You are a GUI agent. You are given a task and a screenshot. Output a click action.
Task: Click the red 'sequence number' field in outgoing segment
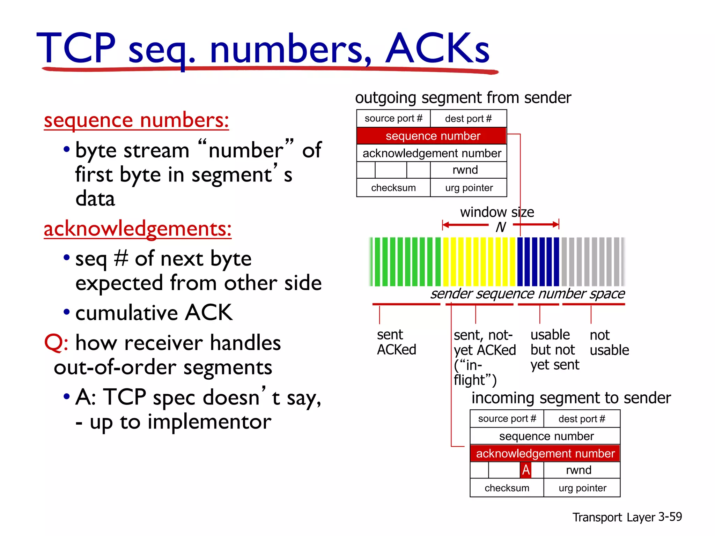[x=432, y=136]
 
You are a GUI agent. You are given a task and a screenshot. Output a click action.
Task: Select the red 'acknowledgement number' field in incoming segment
[x=545, y=453]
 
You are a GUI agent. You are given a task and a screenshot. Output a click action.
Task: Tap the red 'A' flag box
[x=525, y=470]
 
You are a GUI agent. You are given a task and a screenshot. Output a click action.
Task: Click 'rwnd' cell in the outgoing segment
[x=465, y=170]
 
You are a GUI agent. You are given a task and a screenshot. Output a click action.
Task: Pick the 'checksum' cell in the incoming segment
[x=507, y=488]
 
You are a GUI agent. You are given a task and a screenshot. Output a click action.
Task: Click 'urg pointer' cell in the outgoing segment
[x=469, y=188]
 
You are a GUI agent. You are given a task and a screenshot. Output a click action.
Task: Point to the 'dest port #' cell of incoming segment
[x=582, y=419]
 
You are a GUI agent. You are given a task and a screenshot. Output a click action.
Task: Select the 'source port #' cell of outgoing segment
[x=393, y=119]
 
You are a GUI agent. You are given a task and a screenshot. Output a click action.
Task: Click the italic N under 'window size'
[x=500, y=227]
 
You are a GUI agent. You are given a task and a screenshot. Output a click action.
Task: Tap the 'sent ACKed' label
[x=396, y=342]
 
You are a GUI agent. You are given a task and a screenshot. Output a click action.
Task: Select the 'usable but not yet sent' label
[x=554, y=350]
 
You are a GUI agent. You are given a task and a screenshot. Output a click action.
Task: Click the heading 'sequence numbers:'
[x=137, y=120]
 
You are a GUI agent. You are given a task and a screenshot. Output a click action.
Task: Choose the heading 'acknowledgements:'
[x=138, y=229]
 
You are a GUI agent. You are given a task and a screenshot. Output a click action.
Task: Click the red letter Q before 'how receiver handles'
[x=55, y=343]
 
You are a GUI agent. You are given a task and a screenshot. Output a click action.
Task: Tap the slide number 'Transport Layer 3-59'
[x=627, y=517]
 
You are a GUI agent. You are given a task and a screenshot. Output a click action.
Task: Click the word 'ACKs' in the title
[x=437, y=49]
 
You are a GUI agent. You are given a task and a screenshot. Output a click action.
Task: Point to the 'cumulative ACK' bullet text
[x=154, y=312]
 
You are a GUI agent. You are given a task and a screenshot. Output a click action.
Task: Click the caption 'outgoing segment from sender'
[x=463, y=98]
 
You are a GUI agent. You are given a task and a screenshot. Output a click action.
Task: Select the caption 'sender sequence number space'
[x=527, y=294]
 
